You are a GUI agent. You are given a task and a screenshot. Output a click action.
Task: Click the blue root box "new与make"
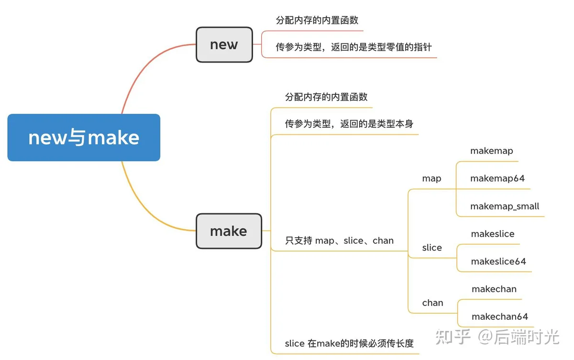tap(84, 138)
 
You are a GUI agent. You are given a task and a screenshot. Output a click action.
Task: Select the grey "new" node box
tap(224, 44)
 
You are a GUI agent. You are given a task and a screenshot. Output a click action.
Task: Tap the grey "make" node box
tap(229, 231)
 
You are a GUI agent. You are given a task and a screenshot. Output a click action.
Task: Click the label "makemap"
tap(492, 151)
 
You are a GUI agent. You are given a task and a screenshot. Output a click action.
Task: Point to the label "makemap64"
tap(497, 178)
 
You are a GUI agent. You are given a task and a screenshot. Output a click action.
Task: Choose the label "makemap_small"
tap(505, 206)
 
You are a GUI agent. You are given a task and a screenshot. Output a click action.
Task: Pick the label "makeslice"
tap(493, 234)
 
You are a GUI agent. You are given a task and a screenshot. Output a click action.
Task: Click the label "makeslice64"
tap(498, 262)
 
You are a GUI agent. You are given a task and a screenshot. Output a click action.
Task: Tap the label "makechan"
tap(494, 289)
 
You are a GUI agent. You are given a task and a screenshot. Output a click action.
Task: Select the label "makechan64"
tap(500, 316)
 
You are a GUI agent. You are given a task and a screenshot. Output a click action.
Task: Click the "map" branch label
tap(431, 178)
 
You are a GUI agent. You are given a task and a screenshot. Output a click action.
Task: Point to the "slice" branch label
tap(432, 248)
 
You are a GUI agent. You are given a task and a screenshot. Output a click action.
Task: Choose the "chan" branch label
tap(432, 303)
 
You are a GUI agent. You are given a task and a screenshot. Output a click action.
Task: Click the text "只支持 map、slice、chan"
tap(339, 240)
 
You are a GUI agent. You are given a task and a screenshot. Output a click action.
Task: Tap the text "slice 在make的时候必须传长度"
tap(349, 343)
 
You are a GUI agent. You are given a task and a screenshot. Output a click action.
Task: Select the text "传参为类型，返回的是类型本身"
tap(349, 124)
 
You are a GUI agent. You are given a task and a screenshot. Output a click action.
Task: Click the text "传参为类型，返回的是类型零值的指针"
tap(353, 47)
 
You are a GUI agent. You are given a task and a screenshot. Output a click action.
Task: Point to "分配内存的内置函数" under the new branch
tap(317, 20)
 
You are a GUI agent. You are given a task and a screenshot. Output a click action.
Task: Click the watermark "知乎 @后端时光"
tap(497, 337)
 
